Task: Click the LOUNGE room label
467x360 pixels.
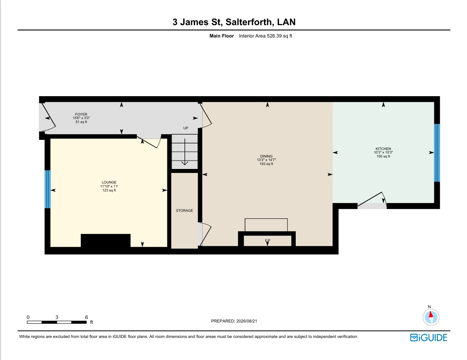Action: (109, 182)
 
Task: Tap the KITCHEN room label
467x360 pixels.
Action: (383, 149)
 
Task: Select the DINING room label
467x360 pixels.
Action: (266, 156)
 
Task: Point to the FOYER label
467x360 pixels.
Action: (81, 114)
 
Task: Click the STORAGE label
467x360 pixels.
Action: (185, 210)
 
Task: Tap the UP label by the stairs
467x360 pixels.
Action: (186, 128)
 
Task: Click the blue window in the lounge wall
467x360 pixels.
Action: (48, 189)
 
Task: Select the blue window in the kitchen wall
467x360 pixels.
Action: (437, 153)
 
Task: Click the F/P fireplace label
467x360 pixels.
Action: (267, 240)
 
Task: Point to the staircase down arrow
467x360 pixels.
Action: (185, 152)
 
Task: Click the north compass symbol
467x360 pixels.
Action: (431, 316)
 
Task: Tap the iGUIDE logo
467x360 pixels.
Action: (429, 337)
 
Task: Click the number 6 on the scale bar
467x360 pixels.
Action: (87, 317)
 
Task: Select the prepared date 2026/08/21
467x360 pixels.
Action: (247, 321)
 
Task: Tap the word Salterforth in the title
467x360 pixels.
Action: (249, 22)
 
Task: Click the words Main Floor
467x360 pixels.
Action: (222, 36)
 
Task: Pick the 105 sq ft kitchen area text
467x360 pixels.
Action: (383, 156)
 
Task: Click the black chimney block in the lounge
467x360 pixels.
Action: (105, 240)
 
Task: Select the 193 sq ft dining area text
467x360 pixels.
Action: (266, 164)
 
